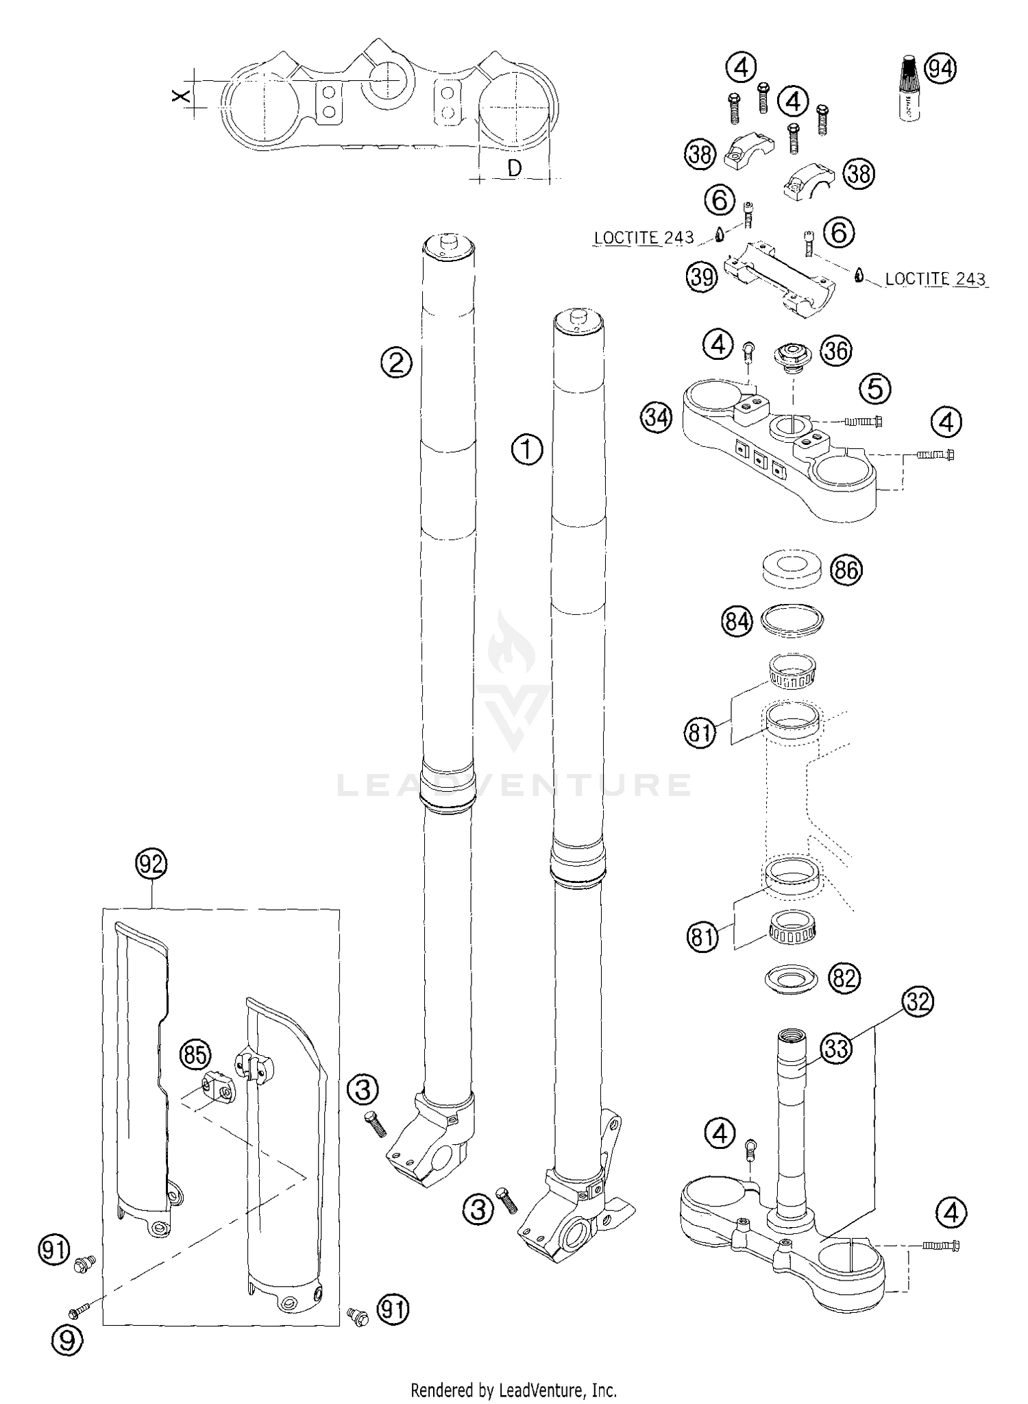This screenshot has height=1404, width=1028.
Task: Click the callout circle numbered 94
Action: (941, 69)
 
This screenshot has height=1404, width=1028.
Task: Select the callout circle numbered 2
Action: (396, 363)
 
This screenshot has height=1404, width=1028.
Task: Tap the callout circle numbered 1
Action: (527, 450)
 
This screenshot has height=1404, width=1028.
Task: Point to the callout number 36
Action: (836, 350)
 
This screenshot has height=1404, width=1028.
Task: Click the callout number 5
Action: (875, 389)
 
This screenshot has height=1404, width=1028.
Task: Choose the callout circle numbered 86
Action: (846, 570)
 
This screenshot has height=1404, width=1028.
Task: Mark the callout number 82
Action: (844, 978)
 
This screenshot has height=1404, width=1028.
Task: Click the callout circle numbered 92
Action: (151, 864)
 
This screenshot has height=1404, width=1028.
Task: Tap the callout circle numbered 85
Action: (195, 1055)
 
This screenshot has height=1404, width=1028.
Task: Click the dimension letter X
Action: (180, 96)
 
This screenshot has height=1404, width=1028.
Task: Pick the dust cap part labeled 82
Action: (790, 978)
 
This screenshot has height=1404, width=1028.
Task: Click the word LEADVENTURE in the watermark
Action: (514, 784)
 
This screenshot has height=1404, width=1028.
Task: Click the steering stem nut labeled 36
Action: (793, 357)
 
